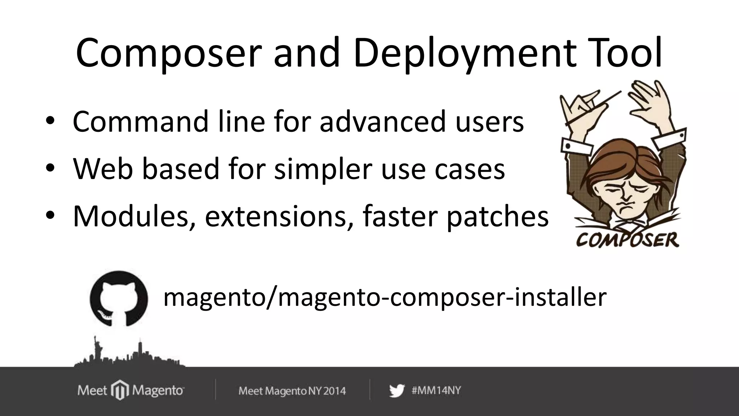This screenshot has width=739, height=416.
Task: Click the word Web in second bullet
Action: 103,169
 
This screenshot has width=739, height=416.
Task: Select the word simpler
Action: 323,170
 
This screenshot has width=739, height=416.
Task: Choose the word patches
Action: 497,217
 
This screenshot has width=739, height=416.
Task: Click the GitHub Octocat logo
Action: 119,298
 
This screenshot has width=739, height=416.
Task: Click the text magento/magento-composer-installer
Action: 385,297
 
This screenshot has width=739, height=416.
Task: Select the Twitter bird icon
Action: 397,391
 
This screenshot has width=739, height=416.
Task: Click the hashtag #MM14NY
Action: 436,390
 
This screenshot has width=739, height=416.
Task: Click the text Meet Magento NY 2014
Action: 292,391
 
